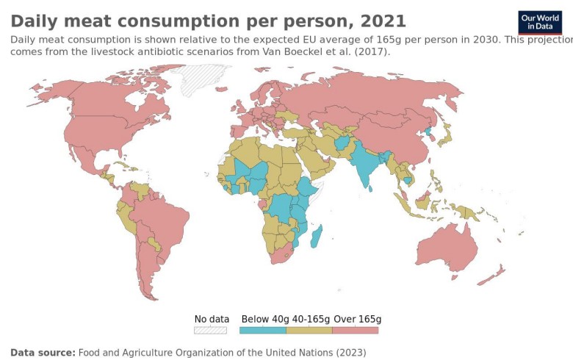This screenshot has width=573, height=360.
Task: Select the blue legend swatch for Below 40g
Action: pos(262,331)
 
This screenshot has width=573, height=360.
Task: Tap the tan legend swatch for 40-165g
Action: pos(309,331)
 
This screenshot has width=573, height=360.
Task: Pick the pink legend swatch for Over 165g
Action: pos(356,331)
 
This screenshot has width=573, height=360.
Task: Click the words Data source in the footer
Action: pos(42,353)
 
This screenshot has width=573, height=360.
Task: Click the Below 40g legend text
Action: pos(265,319)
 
